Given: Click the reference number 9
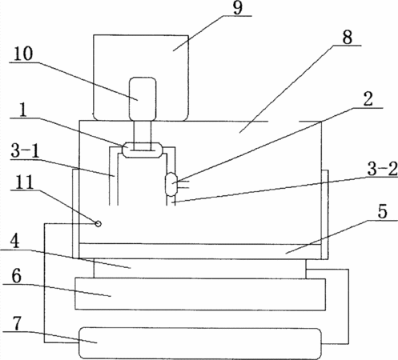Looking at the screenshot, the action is tap(238, 8).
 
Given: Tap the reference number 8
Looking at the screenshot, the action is tap(347, 37).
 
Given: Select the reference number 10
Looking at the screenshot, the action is tap(23, 54).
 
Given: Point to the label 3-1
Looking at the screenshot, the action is tap(25, 151).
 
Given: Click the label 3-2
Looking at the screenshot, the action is tap(382, 170).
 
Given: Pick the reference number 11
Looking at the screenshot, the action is tap(22, 182).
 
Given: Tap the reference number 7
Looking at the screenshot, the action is tap(17, 324).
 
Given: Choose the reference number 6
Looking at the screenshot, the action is tap(16, 277).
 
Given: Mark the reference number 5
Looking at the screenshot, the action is tap(382, 212).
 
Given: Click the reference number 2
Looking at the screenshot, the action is tap(368, 99).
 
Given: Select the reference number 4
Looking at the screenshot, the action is tap(15, 242).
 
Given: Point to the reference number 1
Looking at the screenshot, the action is tap(23, 110).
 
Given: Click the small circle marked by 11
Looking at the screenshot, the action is tap(98, 224).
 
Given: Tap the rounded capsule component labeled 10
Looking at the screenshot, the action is tap(143, 98).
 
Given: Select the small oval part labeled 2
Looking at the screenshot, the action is tap(171, 184).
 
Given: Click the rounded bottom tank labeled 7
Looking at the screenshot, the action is tap(199, 343).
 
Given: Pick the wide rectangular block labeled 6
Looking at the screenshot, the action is tap(200, 294).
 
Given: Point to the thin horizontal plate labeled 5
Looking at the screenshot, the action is tap(200, 251).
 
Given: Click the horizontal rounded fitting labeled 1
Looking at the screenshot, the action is tap(142, 150).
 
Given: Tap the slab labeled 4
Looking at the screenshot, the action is tap(199, 269).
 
